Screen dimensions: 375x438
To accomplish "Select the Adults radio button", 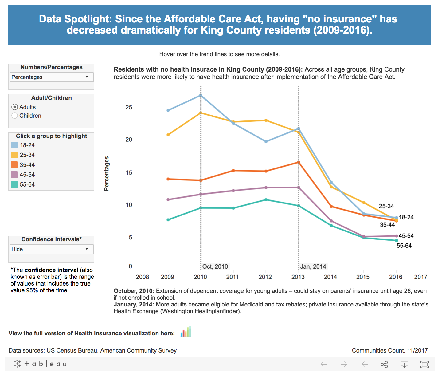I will tap(14, 107).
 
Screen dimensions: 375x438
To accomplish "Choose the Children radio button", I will tap(14, 116).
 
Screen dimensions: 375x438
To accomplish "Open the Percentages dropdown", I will tap(51, 77).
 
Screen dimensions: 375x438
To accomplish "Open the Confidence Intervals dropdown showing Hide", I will tap(51, 249).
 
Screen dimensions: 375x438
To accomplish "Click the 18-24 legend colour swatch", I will tap(14, 145).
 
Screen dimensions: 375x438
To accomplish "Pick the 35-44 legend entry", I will tap(27, 165).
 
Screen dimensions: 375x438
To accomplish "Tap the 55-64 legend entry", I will tap(27, 184).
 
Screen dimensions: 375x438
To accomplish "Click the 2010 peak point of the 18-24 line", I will tap(201, 95).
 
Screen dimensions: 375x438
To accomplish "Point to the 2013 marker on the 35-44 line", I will tap(299, 162).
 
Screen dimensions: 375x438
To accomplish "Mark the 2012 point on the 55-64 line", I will tap(266, 200).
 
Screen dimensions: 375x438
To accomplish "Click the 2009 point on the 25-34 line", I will tap(168, 135).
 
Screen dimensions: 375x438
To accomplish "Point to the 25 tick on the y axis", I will tap(129, 107).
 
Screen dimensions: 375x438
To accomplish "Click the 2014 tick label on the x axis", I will tap(330, 277).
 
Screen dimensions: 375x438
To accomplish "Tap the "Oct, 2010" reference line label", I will tap(215, 266).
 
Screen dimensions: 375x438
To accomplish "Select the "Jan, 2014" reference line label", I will tap(313, 266).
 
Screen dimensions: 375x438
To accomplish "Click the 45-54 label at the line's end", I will tap(406, 236).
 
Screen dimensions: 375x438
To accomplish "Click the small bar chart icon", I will tap(186, 331).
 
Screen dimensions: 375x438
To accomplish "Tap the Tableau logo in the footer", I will tap(40, 364).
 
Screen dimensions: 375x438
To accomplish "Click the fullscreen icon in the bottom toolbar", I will tap(424, 365).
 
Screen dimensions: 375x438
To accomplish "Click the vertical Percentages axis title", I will tap(107, 173).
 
